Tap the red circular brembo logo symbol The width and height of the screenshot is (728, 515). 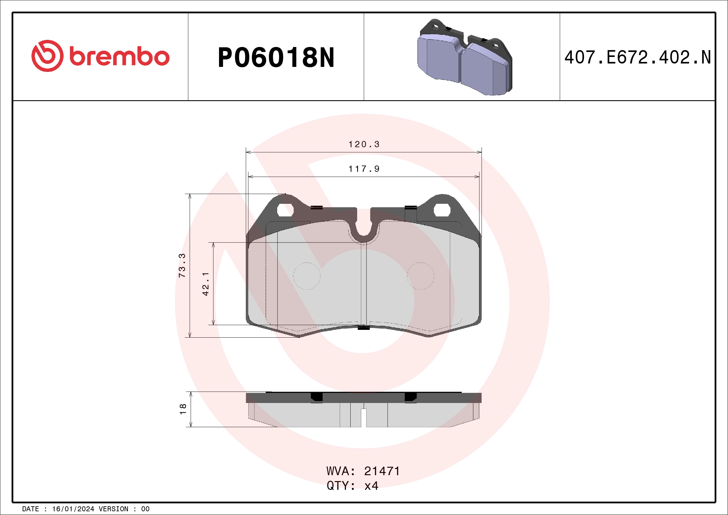pyautogui.click(x=48, y=56)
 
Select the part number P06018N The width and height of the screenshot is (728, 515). pyautogui.click(x=276, y=57)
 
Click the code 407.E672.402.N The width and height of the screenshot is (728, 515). pyautogui.click(x=637, y=57)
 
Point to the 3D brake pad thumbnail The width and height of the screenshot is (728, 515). pyautogui.click(x=464, y=57)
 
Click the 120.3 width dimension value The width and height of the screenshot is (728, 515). pyautogui.click(x=364, y=144)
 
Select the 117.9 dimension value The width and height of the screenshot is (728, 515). pyautogui.click(x=364, y=169)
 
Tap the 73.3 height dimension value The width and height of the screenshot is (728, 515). pyautogui.click(x=182, y=265)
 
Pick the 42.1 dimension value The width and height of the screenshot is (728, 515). pyautogui.click(x=205, y=284)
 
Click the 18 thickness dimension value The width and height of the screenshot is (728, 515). pyautogui.click(x=183, y=409)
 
